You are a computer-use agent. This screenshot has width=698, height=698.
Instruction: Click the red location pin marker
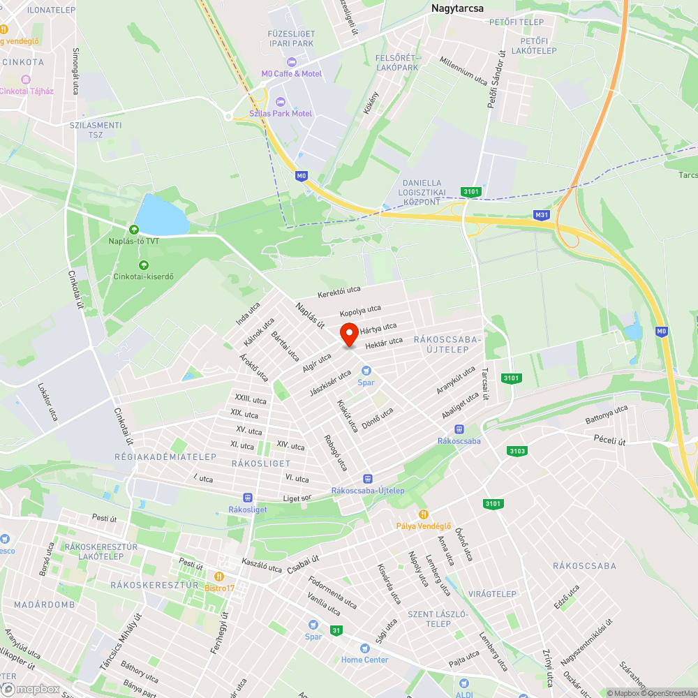349,334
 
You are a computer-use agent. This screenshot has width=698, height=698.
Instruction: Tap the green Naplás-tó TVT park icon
133,230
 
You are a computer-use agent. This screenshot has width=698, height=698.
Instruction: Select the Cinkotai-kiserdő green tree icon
144,265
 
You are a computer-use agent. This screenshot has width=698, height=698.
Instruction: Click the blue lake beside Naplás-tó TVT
162,215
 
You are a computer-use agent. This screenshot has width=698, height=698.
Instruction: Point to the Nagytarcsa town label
458,8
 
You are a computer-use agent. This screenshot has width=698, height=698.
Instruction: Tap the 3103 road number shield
517,451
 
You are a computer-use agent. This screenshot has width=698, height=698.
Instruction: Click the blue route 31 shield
337,630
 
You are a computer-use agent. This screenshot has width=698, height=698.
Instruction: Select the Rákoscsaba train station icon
459,429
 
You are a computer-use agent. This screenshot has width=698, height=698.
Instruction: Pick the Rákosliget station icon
247,498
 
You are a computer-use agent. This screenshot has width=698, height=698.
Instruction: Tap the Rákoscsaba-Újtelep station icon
367,479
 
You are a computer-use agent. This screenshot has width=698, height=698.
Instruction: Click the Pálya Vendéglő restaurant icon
422,514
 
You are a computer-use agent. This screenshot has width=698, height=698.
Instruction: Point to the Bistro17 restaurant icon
219,577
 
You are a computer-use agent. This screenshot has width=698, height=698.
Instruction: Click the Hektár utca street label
384,342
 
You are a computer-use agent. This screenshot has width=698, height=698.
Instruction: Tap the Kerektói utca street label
339,291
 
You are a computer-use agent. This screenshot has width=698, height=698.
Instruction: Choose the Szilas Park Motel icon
281,102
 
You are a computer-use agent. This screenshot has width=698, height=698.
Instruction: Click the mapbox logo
31,689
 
